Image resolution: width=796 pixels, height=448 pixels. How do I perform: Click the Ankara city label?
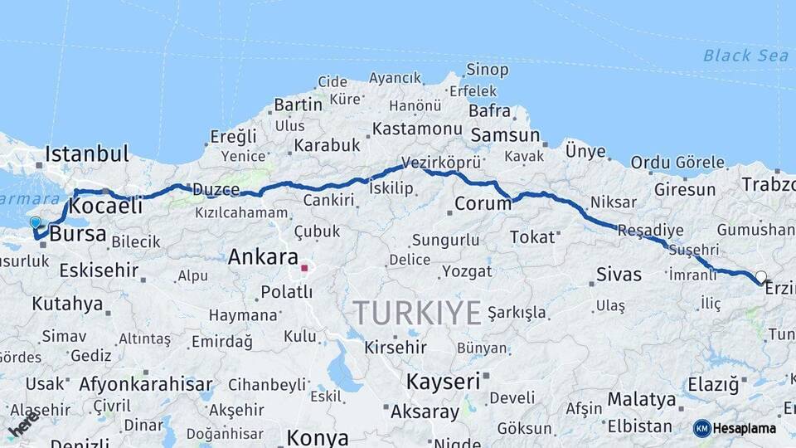coord(263,256)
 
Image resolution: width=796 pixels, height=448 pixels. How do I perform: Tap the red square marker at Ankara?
coord(304,268)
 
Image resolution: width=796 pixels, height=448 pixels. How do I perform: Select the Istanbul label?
coord(87,153)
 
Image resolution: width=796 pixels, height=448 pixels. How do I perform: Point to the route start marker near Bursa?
coord(36,222)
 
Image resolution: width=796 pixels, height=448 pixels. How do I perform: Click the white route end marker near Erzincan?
coord(760,276)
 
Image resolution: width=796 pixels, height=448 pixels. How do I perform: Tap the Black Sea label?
coord(734,56)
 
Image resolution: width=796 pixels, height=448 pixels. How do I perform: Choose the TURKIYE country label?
coord(417,313)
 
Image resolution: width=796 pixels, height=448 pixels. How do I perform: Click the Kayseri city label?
coord(443,381)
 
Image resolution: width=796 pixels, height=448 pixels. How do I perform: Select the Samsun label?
coord(504,134)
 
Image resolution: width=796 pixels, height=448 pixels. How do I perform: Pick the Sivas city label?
coord(619,274)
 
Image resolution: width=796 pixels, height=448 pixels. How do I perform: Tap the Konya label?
coord(318,437)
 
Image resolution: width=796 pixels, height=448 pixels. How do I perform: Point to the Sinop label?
coord(488,70)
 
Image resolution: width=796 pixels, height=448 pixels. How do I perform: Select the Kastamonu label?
coord(416,129)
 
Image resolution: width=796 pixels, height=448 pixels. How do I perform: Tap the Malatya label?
coord(641,399)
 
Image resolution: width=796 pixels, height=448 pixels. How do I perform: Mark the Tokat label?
coord(531,237)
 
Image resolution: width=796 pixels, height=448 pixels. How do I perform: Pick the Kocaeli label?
coord(106,205)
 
